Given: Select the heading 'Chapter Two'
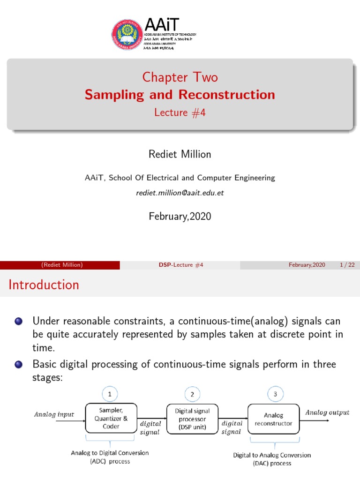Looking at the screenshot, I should coord(180,77).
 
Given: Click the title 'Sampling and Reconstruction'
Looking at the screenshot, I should coord(180,95).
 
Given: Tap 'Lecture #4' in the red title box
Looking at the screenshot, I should coord(180,112).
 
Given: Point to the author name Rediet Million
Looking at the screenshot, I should coord(180,155).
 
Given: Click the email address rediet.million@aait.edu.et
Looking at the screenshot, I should coord(180,193).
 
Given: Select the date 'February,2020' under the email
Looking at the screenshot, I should coord(180,216).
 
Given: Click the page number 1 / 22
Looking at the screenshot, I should coord(347,265).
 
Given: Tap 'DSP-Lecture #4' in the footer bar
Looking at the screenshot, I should coord(180,265).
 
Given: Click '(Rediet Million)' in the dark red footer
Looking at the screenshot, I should coord(62,265).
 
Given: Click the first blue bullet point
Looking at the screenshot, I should coord(18,322).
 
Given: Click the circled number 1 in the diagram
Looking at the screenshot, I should coord(110,395).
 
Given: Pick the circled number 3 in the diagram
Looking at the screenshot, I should coord(275,395).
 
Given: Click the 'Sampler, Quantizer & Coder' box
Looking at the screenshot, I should coord(111,418).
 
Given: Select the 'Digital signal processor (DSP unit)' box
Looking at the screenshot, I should coord(193,419).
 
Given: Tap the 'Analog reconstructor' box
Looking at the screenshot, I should coord(273,419).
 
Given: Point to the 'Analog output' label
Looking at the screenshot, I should coord(327,412).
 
